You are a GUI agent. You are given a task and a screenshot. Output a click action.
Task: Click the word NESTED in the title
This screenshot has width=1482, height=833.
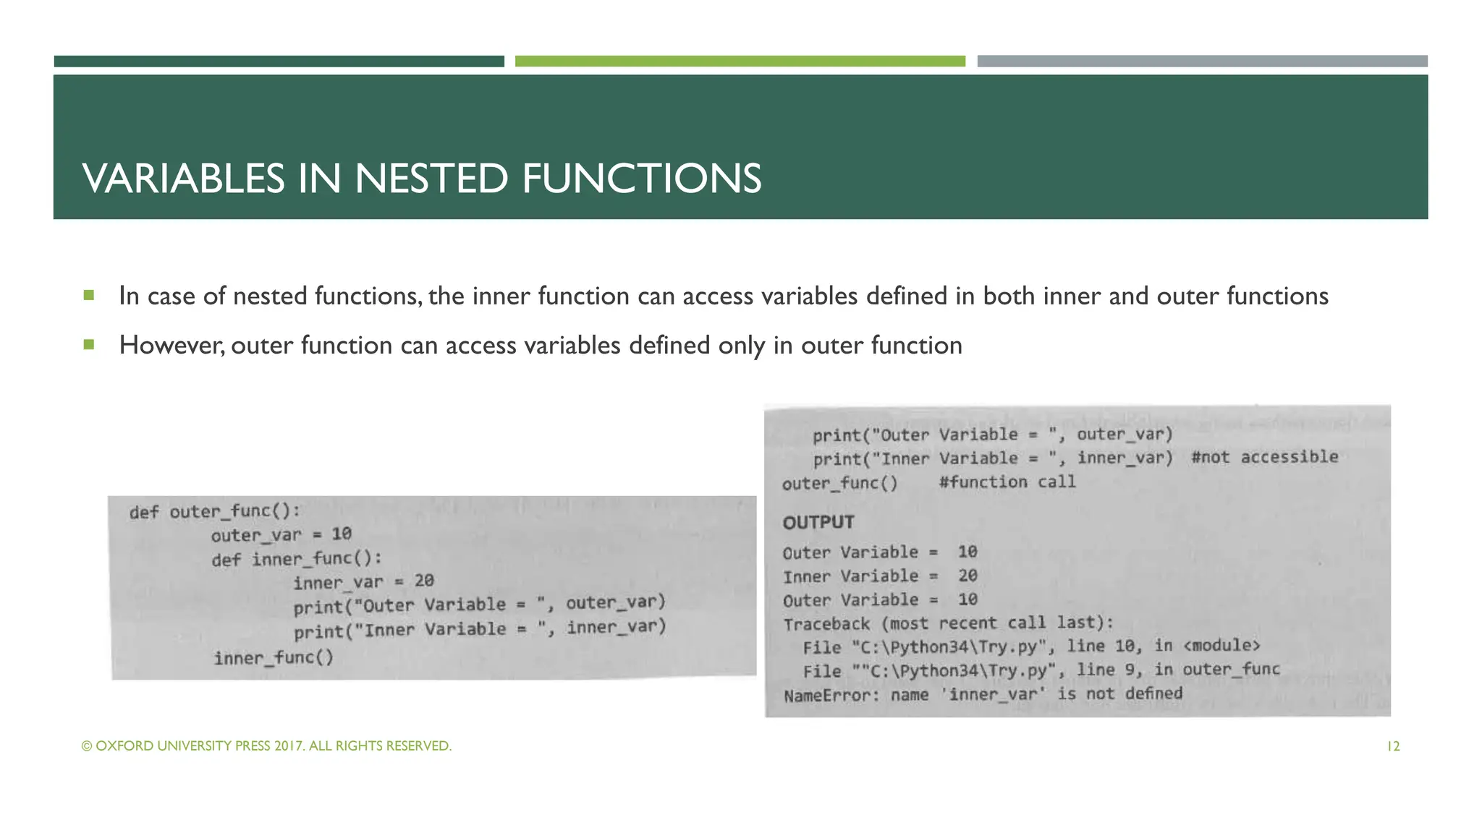pos(431,179)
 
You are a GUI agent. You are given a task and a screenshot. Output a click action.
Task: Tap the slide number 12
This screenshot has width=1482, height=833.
pos(1393,746)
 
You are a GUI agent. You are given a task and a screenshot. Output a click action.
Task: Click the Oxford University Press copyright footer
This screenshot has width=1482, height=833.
pos(266,746)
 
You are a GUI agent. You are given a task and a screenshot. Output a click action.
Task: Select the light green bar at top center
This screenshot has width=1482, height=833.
pos(740,61)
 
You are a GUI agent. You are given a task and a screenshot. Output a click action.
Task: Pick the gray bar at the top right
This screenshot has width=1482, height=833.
pos(1202,61)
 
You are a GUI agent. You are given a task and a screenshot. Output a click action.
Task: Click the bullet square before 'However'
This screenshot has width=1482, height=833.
pos(89,344)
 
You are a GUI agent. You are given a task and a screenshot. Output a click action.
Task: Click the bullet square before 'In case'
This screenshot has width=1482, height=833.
pos(89,295)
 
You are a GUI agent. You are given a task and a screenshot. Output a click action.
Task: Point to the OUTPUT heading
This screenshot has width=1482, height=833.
pos(818,522)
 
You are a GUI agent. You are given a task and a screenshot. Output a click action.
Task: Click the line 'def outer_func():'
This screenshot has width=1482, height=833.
pos(214,512)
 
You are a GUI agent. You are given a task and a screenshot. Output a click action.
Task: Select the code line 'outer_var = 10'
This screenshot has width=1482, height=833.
pos(281,535)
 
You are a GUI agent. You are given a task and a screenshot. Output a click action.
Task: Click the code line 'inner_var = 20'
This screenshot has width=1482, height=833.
pos(363,581)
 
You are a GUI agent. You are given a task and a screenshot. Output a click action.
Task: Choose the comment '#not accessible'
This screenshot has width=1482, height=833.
pos(1264,457)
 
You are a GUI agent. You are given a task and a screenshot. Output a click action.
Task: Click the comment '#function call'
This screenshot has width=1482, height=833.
pos(1007,482)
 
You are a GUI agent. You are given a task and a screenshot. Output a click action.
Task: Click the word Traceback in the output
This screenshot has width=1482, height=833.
pos(826,624)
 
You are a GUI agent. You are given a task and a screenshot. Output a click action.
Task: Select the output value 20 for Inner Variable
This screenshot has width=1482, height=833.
pos(967,576)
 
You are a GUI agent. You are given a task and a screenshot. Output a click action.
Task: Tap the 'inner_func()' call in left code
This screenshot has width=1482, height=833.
pos(274,658)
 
